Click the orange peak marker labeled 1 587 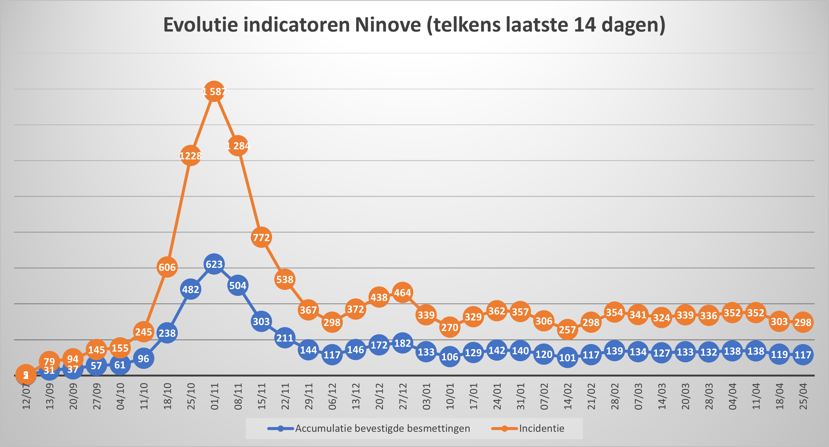[x=214, y=92]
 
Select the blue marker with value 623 [x=214, y=264]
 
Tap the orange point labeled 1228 [x=190, y=156]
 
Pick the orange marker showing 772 [x=261, y=237]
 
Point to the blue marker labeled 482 [x=190, y=289]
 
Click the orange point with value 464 [x=402, y=293]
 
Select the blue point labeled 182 [x=402, y=343]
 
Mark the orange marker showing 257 [x=567, y=330]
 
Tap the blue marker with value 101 [x=567, y=357]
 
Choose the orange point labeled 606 [x=167, y=267]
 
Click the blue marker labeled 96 [x=143, y=358]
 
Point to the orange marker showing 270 [x=450, y=327]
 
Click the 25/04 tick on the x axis [x=803, y=396]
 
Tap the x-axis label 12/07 [x=26, y=396]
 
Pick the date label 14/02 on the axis [x=568, y=396]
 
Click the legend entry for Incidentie [x=541, y=428]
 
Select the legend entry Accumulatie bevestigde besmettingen [x=382, y=428]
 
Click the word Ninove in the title [x=388, y=25]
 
